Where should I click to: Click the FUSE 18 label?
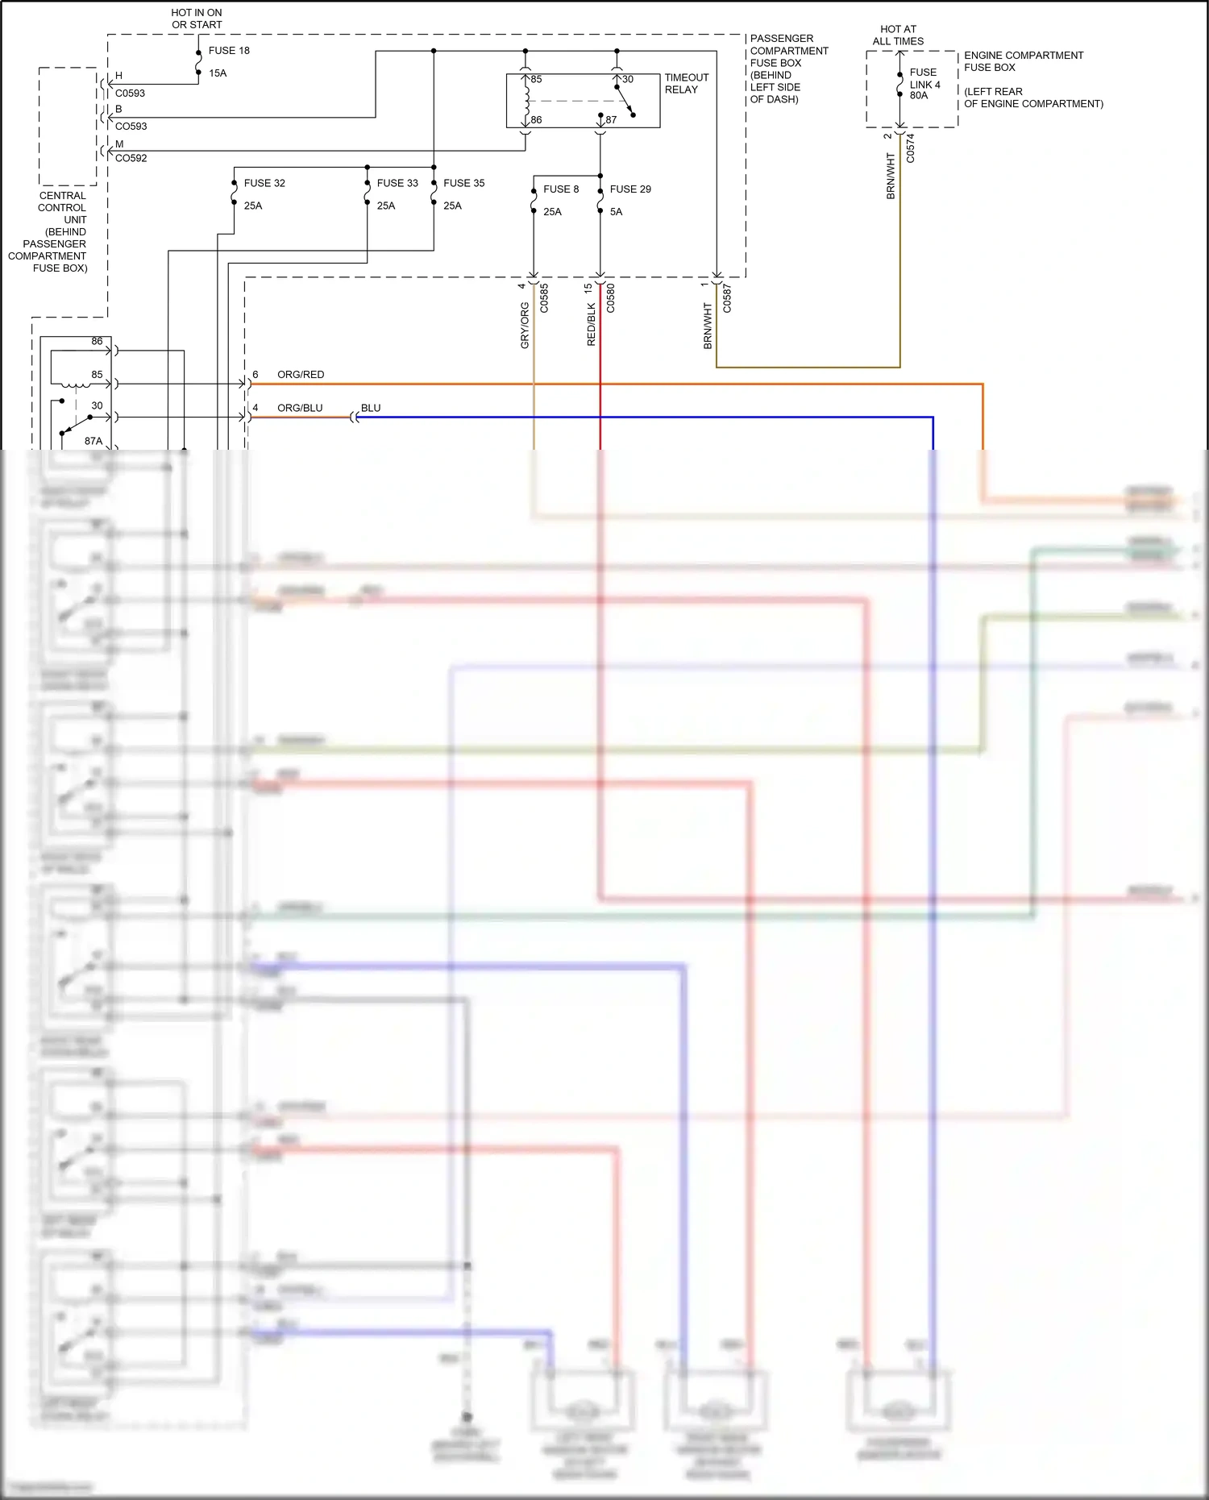229,51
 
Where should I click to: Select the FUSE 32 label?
264,184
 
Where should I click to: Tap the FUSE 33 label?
397,184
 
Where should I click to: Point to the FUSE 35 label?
463,184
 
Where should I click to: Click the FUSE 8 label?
561,189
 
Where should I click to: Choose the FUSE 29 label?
630,189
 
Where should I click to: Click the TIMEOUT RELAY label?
686,84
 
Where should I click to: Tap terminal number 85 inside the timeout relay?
536,80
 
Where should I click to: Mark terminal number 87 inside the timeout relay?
611,120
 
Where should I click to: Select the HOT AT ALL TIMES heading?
898,35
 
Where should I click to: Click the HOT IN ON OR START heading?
197,19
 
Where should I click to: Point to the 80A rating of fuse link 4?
919,96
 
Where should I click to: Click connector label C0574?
911,148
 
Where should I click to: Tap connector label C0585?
544,298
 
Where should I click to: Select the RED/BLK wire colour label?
592,325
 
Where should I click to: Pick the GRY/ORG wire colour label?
525,326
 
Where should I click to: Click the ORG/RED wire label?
301,375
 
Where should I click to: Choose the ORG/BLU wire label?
300,409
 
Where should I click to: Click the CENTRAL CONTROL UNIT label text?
61,208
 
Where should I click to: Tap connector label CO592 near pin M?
131,159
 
